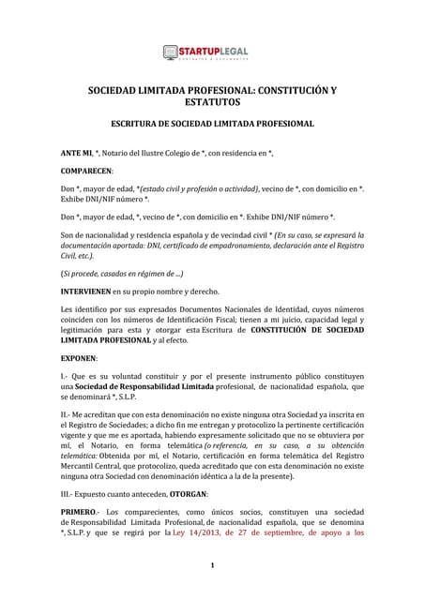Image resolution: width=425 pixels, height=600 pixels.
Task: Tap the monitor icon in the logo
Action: pyautogui.click(x=171, y=53)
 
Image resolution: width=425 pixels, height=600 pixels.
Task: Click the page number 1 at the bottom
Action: pyautogui.click(x=213, y=565)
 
